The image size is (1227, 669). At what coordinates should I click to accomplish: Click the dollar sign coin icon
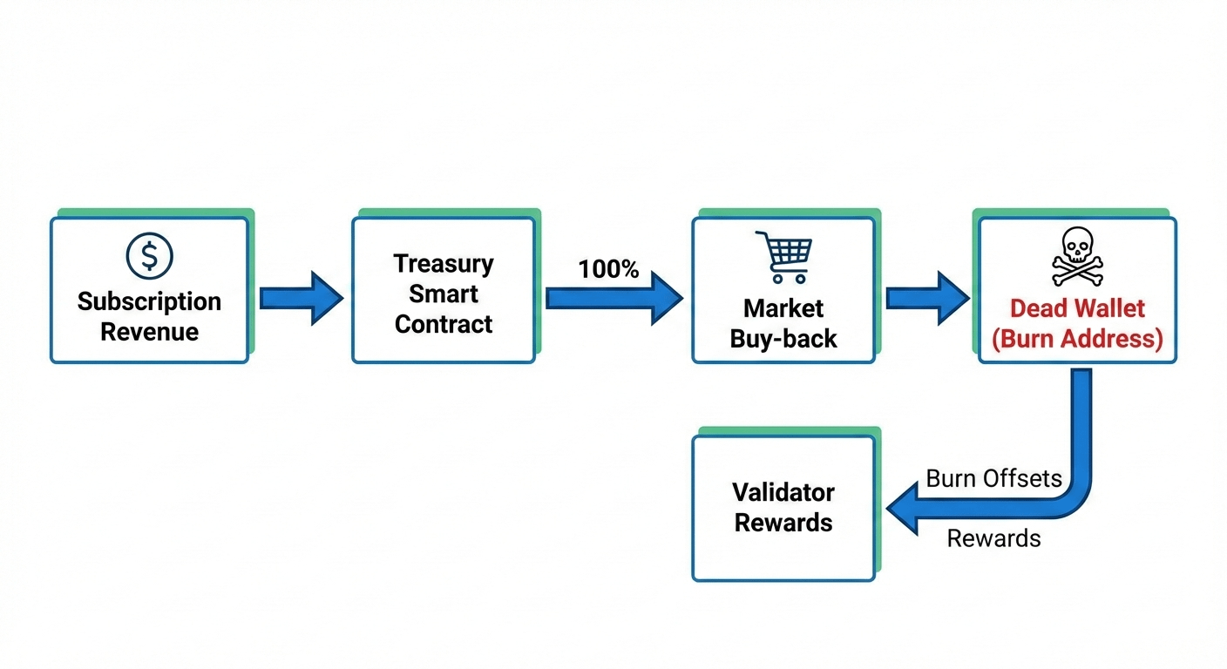click(149, 255)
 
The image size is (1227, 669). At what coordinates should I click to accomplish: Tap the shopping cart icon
click(783, 256)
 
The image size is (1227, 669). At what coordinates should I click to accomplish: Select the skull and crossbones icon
click(1077, 256)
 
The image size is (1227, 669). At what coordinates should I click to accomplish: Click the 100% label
click(608, 269)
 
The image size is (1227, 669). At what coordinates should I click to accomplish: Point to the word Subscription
click(149, 302)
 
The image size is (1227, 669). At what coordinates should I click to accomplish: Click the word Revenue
click(149, 332)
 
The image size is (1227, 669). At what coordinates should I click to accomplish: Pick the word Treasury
click(443, 263)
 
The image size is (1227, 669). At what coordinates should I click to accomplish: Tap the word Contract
click(443, 324)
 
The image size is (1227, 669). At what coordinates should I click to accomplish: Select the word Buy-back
click(783, 338)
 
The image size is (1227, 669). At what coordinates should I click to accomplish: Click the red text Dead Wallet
click(1077, 308)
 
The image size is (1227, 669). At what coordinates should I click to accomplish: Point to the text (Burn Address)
click(1077, 338)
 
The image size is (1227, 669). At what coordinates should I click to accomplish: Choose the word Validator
click(783, 492)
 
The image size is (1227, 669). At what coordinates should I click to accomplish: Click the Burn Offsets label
click(993, 478)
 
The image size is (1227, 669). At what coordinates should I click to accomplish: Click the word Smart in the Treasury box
click(443, 294)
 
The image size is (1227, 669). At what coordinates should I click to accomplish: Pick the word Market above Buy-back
click(783, 308)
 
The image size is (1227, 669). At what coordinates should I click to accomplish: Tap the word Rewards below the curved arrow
click(993, 538)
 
